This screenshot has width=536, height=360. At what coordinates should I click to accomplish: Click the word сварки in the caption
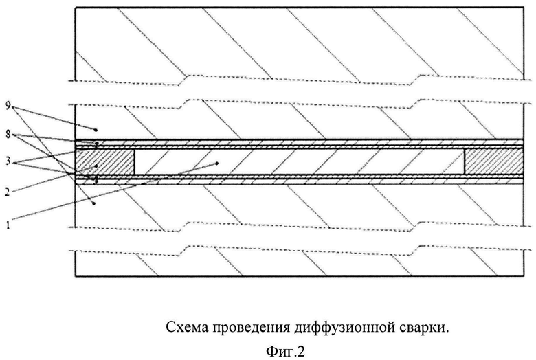coord(425,328)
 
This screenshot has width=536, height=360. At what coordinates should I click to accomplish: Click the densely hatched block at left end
coord(103,161)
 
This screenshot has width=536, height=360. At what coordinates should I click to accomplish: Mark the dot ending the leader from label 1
coord(218,163)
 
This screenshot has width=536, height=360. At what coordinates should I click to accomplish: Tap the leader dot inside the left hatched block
coord(97,166)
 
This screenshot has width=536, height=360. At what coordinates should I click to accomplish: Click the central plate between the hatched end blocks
coord(299,161)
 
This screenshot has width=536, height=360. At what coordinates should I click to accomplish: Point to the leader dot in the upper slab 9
coord(96,129)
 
